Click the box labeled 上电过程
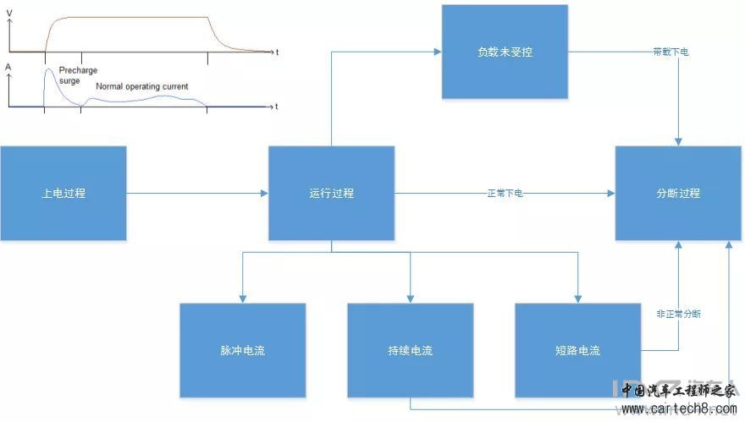tap(63, 193)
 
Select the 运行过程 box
tap(331, 193)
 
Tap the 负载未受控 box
tap(504, 52)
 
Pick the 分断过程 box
tap(678, 193)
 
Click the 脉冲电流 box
tap(242, 350)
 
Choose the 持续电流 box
tap(410, 350)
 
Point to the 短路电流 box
tap(577, 350)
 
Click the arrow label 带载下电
tap(671, 52)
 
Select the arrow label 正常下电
tap(505, 194)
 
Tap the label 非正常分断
tap(678, 314)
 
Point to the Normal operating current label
tap(142, 86)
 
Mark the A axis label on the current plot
tap(8, 66)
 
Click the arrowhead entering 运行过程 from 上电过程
tap(264, 193)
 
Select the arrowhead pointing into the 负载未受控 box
tap(438, 52)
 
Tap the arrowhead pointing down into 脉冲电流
tap(242, 299)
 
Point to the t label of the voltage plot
tap(277, 52)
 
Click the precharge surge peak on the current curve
tap(48, 69)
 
